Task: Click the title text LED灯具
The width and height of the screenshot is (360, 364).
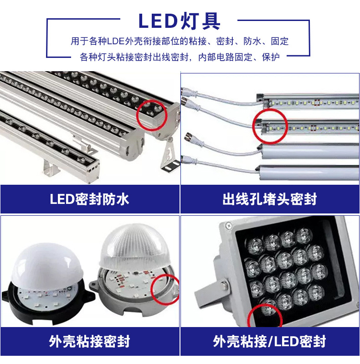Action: click(x=179, y=21)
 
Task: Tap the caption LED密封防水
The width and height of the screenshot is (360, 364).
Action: click(x=89, y=199)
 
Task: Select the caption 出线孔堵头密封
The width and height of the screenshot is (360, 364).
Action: click(x=270, y=199)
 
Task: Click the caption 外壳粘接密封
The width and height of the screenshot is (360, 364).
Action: click(x=89, y=341)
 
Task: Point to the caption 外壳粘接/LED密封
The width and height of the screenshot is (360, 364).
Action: click(x=269, y=341)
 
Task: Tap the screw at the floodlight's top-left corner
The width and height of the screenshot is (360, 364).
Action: click(x=229, y=225)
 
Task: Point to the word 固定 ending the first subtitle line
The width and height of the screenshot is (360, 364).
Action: click(x=280, y=42)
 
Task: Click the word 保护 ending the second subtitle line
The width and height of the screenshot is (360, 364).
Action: click(x=271, y=57)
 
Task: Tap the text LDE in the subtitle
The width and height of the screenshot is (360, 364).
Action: click(x=116, y=42)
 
